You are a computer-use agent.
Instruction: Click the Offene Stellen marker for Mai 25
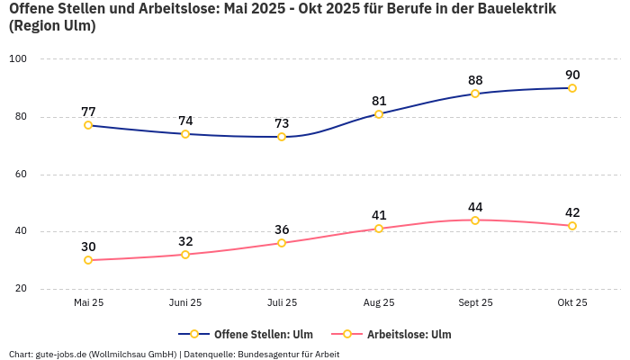tap(88, 125)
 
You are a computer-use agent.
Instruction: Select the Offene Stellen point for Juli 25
tap(282, 137)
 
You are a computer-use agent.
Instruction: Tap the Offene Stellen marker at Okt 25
tap(572, 88)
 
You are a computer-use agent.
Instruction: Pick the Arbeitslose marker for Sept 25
tap(475, 220)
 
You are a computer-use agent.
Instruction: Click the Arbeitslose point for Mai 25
tap(88, 260)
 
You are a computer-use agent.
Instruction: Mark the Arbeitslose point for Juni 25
tap(185, 255)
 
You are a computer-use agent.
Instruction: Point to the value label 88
tap(475, 80)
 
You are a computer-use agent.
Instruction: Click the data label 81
tap(379, 101)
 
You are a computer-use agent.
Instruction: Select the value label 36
tap(282, 229)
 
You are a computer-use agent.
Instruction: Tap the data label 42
tap(572, 212)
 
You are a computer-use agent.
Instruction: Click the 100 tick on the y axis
tap(18, 58)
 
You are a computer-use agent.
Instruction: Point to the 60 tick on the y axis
tap(21, 174)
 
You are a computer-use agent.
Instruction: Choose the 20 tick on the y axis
tap(21, 289)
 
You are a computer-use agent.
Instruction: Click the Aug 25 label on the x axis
tap(379, 302)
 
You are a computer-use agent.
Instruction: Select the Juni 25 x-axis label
tap(185, 302)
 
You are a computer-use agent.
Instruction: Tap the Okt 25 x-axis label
tap(572, 302)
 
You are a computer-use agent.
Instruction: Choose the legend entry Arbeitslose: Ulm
tap(409, 334)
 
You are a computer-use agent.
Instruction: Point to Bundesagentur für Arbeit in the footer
tap(288, 354)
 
